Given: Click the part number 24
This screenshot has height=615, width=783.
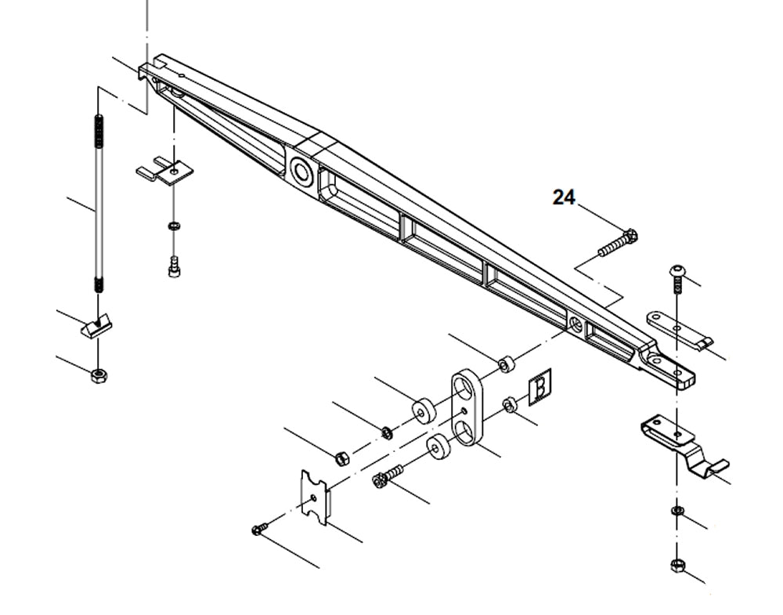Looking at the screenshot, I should pos(564,197).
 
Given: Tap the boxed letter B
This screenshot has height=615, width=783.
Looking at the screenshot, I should pos(539,388).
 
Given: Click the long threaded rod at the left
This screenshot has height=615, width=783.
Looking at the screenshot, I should pos(99,204).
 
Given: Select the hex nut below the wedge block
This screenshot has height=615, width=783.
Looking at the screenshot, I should pos(99,375).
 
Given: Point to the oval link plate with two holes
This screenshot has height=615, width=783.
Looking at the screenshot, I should pos(467,408).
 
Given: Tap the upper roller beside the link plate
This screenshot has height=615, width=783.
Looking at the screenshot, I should pos(424,410).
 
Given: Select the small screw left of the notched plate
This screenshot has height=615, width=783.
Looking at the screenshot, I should pos(260,530).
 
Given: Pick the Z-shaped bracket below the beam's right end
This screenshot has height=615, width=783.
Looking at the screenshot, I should pos(681,443).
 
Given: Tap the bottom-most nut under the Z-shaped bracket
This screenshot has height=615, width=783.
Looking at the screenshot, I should pos(677,565).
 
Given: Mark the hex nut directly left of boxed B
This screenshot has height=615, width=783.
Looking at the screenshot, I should pos(508,404).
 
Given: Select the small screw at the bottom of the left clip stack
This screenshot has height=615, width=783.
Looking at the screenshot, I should pos(174,269).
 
